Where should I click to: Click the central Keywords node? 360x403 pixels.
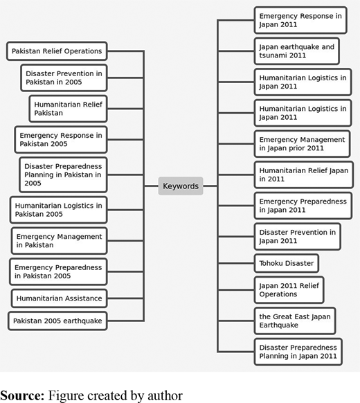181,186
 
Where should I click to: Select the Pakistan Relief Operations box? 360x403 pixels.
57,51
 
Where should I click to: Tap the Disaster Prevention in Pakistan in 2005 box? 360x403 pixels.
64,78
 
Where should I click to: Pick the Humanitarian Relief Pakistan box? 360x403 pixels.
68,109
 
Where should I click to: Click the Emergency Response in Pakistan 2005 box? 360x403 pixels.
61,140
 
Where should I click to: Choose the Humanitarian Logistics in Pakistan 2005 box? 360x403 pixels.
59,210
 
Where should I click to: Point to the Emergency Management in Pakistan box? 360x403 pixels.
60,240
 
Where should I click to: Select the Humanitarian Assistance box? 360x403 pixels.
60,298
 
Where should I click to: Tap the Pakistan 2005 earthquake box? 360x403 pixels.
57,321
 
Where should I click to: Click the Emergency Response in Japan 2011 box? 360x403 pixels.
300,20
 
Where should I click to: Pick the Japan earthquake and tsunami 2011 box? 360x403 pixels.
297,51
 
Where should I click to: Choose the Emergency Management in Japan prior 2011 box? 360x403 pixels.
302,144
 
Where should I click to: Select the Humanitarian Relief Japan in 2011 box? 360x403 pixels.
304,174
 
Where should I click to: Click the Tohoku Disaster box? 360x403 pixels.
287,263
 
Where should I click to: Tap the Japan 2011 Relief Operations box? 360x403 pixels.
289,290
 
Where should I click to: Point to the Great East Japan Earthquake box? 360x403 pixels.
295,321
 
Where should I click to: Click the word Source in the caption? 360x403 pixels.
22,395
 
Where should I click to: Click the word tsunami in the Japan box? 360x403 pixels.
271,55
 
